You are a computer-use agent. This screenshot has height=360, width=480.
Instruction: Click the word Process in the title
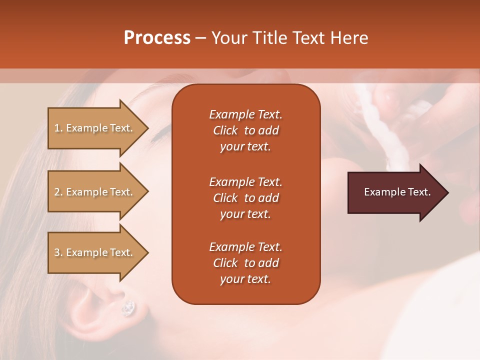point(157,38)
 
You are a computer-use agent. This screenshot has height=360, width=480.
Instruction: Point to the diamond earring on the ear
point(128,308)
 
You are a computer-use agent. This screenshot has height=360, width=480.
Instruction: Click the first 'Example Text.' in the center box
point(245,114)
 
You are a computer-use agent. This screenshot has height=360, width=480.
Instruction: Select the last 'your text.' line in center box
point(245,279)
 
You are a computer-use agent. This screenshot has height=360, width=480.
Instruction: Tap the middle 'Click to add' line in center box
point(245,198)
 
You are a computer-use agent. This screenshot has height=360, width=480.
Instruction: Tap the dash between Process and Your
point(200,38)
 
